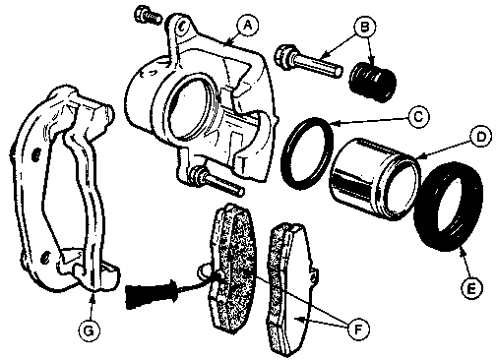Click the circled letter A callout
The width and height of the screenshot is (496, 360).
[248, 25]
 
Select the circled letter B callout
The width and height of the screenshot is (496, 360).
[364, 26]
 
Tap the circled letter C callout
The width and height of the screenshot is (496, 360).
[418, 117]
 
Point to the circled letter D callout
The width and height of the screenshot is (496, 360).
[480, 137]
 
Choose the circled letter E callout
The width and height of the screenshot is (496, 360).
[472, 288]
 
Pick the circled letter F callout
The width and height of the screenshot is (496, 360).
[358, 329]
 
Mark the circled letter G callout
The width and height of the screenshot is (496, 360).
[89, 330]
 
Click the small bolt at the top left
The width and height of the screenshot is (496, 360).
[148, 15]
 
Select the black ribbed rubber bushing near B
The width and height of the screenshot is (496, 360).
[372, 82]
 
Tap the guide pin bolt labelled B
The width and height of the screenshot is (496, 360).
[309, 62]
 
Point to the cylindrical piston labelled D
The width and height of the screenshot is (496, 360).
[375, 179]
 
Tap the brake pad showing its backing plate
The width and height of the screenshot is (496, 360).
[289, 290]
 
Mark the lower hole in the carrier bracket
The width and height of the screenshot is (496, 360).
[45, 258]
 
